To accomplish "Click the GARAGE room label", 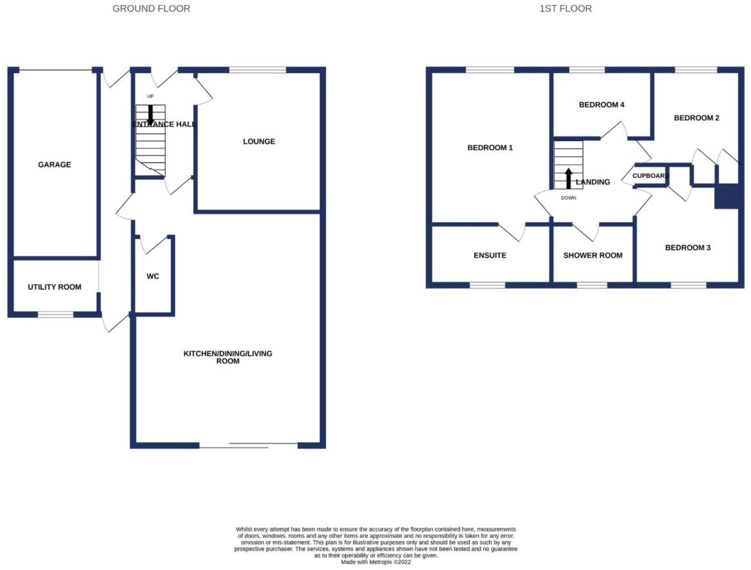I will [x=55, y=165].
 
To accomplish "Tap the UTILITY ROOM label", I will [x=55, y=287].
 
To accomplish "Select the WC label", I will [x=153, y=277].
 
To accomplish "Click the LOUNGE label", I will [x=259, y=141].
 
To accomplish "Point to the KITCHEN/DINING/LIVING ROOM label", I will [x=228, y=358].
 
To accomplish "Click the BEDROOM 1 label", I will [x=490, y=148].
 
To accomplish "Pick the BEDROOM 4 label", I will [x=601, y=105].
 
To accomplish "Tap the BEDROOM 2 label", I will [x=696, y=118].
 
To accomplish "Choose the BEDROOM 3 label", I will [x=687, y=248].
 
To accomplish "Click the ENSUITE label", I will [x=490, y=255].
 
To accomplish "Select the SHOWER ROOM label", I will [x=592, y=255].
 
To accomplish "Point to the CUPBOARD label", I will [x=651, y=176].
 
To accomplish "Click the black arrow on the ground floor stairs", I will [x=150, y=114].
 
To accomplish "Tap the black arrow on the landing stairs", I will [x=568, y=178].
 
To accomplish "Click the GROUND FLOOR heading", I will [x=151, y=9].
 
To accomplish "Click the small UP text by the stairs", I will [x=151, y=97].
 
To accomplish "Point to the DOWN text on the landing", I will [x=569, y=198].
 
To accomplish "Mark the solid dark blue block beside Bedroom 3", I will [x=728, y=196].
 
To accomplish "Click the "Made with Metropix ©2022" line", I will [x=376, y=562].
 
